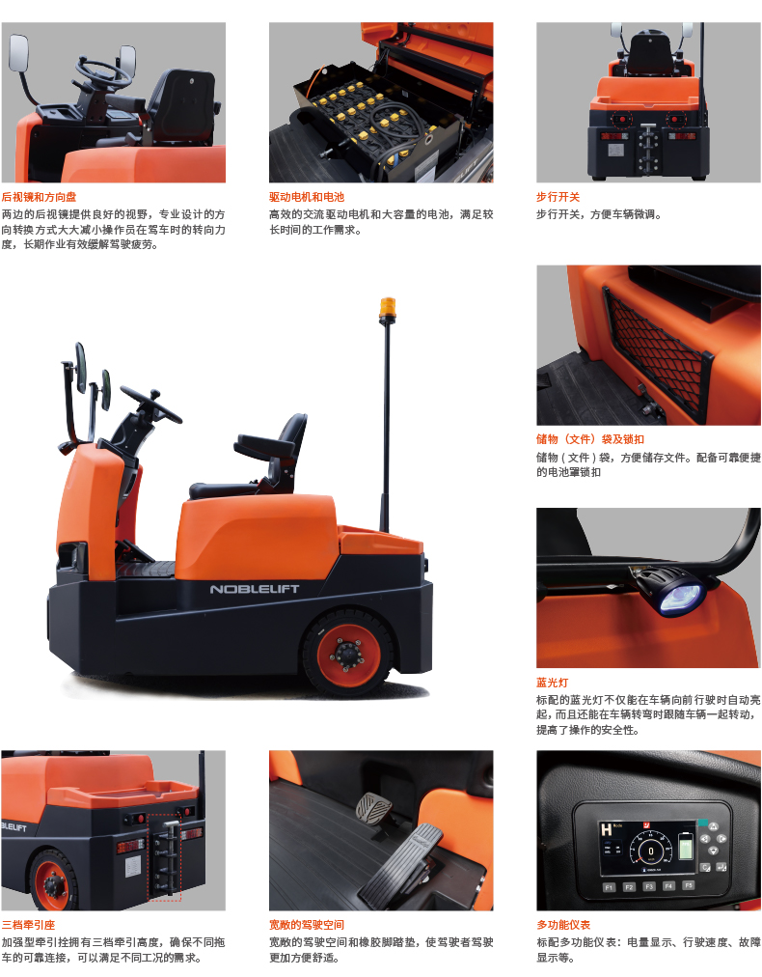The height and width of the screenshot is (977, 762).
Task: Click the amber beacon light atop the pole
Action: (x=387, y=309)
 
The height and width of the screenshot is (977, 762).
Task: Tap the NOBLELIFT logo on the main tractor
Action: (x=254, y=589)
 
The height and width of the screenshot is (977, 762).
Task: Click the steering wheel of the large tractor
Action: (x=150, y=404)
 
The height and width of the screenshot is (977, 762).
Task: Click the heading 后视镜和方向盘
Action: (x=39, y=197)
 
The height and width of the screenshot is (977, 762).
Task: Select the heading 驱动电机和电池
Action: (x=307, y=197)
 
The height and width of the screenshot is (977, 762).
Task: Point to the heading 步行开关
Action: (x=558, y=197)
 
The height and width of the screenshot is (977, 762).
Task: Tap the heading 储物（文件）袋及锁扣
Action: (x=590, y=439)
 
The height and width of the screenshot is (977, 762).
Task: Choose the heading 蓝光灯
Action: (x=552, y=683)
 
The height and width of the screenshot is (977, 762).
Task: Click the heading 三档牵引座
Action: (x=28, y=925)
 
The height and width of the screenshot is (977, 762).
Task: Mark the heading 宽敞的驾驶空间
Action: (x=307, y=925)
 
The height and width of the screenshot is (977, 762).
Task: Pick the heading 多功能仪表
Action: (x=563, y=925)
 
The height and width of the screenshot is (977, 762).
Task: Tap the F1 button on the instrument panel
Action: (x=609, y=887)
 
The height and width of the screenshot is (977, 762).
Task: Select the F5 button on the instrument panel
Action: (x=689, y=884)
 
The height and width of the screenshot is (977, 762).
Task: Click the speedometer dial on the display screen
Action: (x=650, y=850)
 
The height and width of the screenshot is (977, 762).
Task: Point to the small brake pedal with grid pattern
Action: (x=373, y=809)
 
